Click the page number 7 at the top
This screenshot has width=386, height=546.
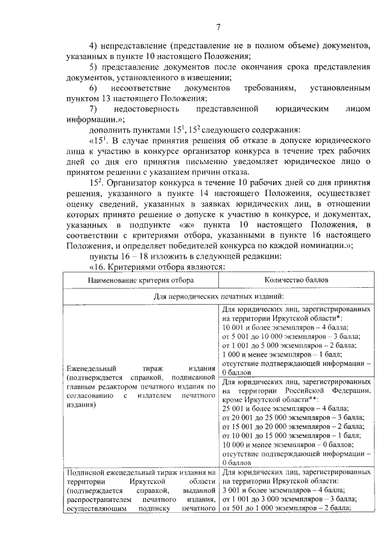[x=219, y=26]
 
